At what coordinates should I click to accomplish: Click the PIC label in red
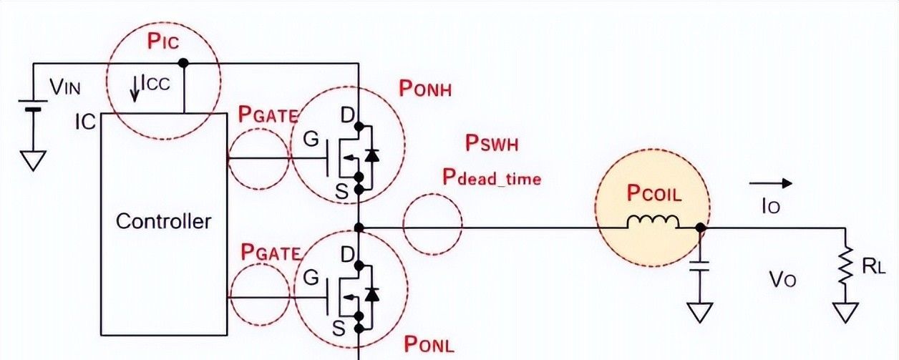(x=162, y=42)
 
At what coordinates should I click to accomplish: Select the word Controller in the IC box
(x=164, y=220)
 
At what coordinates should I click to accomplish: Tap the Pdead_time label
(x=491, y=177)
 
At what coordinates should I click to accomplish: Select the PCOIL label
(x=653, y=193)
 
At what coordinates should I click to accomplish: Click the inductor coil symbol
(x=653, y=221)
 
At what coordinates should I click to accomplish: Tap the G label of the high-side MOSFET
(x=311, y=140)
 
